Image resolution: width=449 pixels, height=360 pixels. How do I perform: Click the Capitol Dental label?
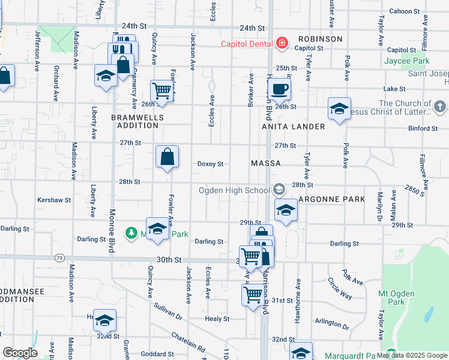pyautogui.click(x=247, y=43)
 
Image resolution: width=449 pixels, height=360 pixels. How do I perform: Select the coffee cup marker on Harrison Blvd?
pyautogui.click(x=279, y=90)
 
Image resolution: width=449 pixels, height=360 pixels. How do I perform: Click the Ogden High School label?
pyautogui.click(x=235, y=191)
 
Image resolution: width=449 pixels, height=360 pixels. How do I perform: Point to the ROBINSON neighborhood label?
pyautogui.click(x=319, y=39)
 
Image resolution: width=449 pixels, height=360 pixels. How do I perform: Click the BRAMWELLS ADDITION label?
pyautogui.click(x=135, y=121)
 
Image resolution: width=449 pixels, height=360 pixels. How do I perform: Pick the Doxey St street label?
pyautogui.click(x=210, y=164)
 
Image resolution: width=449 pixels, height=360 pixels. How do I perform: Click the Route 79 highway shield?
pyautogui.click(x=59, y=258)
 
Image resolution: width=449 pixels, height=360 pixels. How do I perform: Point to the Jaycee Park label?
pyautogui.click(x=407, y=61)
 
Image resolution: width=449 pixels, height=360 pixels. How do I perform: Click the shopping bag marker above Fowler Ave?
pyautogui.click(x=167, y=157)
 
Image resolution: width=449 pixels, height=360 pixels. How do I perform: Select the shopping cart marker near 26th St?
pyautogui.click(x=161, y=91)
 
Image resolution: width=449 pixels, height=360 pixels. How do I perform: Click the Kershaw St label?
pyautogui.click(x=54, y=200)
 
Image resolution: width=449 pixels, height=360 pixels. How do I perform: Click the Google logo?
pyautogui.click(x=20, y=353)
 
